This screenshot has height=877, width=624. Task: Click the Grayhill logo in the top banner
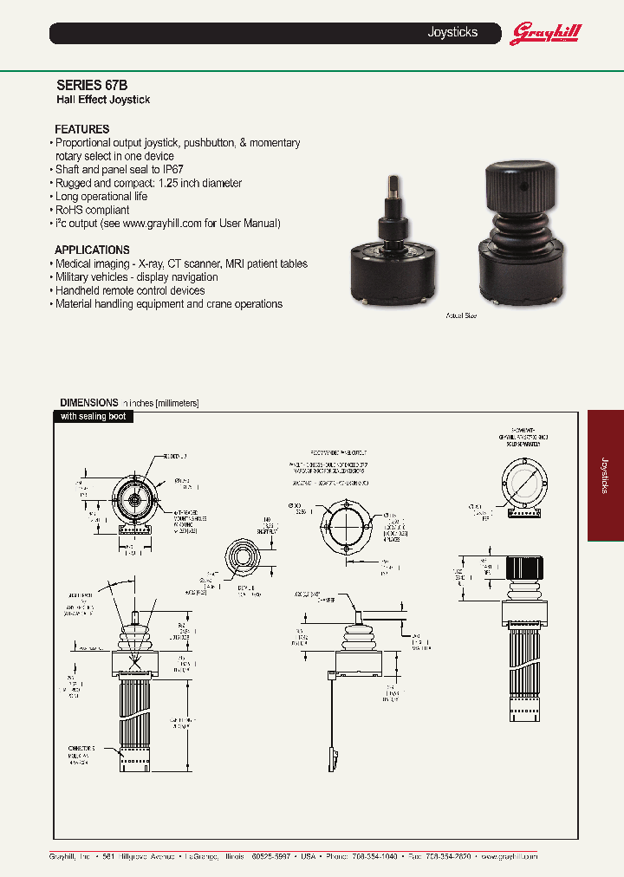pyautogui.click(x=545, y=34)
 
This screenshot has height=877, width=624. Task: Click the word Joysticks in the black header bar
pyautogui.click(x=452, y=33)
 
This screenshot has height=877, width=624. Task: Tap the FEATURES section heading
pyautogui.click(x=81, y=129)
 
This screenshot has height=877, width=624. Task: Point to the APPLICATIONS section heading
pyautogui.click(x=92, y=250)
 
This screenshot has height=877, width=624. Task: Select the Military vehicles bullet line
pyautogui.click(x=136, y=277)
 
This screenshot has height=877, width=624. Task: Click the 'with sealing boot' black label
pyautogui.click(x=93, y=417)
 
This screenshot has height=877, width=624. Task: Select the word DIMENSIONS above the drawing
pyautogui.click(x=88, y=403)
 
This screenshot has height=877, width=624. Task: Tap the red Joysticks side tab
pyautogui.click(x=606, y=475)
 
